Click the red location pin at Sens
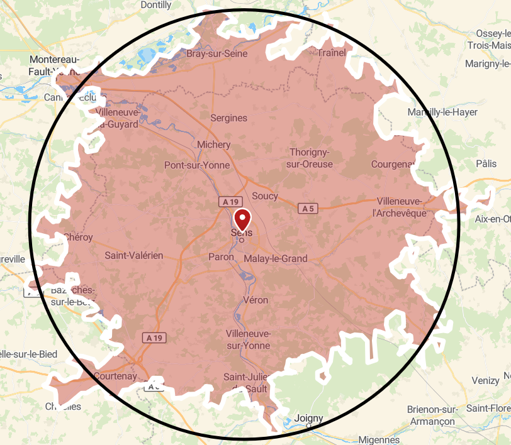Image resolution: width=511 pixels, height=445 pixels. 242,219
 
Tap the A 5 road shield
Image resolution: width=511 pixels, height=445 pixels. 307,208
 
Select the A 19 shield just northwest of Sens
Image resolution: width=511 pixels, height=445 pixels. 230,202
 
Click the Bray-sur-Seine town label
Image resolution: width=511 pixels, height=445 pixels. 216,54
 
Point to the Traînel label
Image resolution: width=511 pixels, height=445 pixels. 332,53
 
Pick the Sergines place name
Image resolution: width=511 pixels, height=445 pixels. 228,118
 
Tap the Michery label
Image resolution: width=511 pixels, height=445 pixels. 214,145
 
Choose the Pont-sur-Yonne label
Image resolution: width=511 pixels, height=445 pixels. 197,165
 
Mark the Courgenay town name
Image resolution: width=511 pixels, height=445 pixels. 393,164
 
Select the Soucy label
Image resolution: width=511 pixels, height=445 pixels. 264,196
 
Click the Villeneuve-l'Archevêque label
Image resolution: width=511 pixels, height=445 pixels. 400,207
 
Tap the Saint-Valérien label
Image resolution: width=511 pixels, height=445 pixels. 133,255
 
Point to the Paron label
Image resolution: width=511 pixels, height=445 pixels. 220,258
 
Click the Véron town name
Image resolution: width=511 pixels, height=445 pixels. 255,300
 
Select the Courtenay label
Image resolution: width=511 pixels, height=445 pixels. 115,376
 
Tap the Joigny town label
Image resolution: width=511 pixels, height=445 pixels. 308,418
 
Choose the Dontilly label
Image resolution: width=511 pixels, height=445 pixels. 156,5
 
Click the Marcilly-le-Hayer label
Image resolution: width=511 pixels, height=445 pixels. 442,113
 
